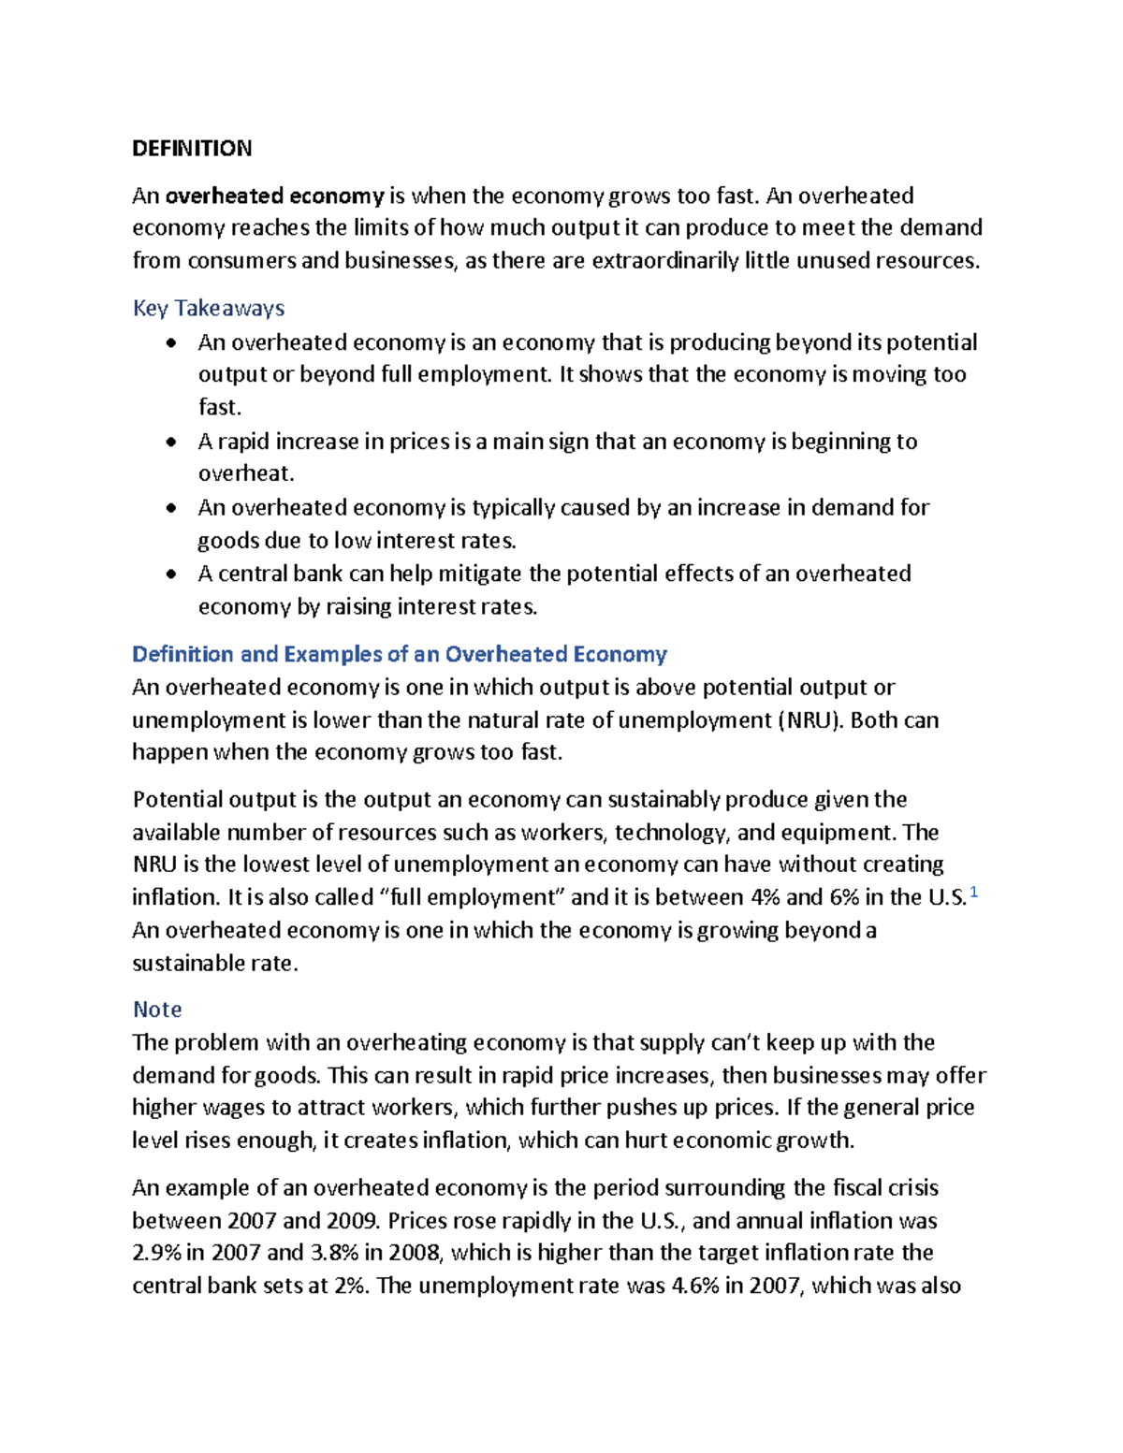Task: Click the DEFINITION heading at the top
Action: point(192,149)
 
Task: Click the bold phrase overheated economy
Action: point(274,196)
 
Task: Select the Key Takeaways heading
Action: point(209,308)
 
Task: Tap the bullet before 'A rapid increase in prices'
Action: point(170,442)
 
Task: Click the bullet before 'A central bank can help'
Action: point(170,574)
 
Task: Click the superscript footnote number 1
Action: point(974,893)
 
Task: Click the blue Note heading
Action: point(157,1010)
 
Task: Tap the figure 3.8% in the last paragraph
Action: point(334,1253)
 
